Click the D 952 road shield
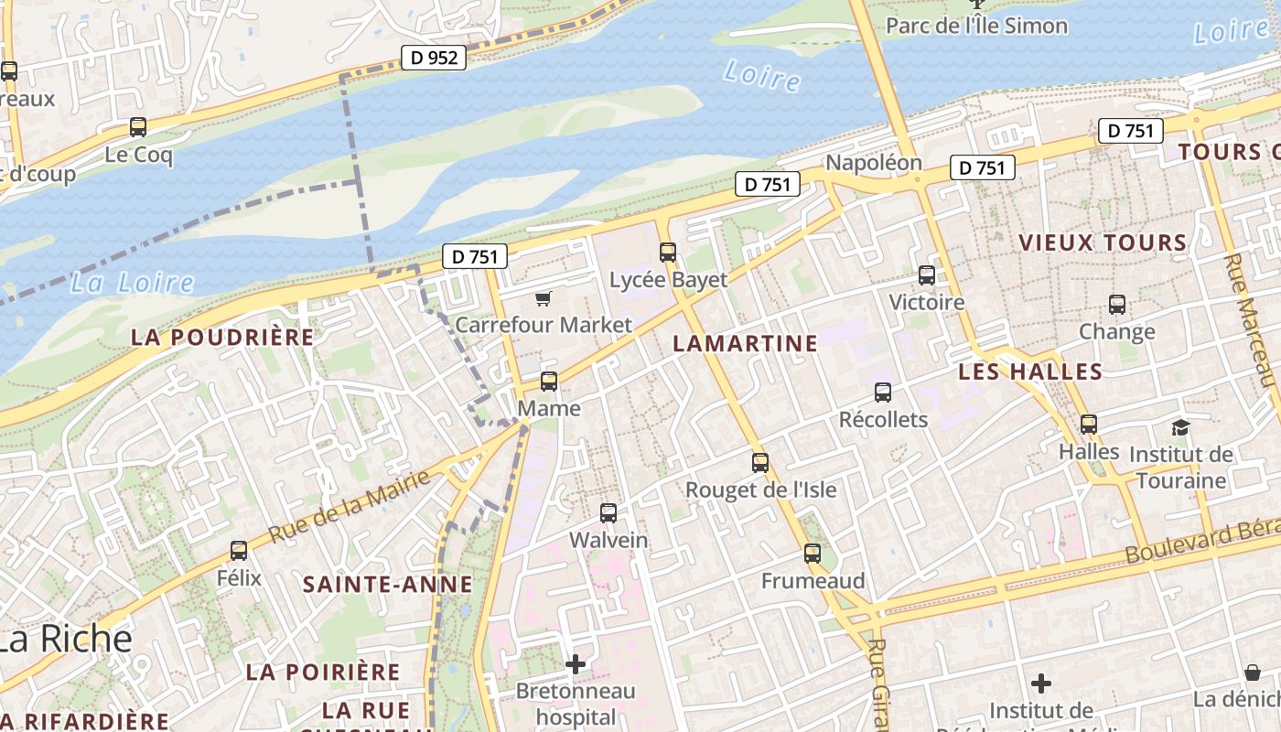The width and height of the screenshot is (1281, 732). [x=434, y=58]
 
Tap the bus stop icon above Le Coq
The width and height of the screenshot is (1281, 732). [x=138, y=127]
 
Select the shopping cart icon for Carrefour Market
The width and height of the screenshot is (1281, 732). [x=544, y=298]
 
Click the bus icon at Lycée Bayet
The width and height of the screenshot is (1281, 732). [x=668, y=252]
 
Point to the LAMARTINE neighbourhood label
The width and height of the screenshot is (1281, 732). [x=745, y=344]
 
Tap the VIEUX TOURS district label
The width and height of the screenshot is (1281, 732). [x=1103, y=242]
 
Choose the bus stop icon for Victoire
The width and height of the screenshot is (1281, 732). [x=927, y=274]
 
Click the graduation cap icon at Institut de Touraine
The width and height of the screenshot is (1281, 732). [x=1180, y=427]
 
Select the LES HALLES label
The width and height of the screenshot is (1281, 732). [x=1030, y=371]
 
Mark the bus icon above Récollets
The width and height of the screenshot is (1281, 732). [x=883, y=392]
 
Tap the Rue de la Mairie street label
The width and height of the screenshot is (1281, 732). [x=349, y=507]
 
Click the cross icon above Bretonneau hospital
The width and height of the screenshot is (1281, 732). [x=576, y=663]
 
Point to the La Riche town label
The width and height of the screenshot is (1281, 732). [x=66, y=639]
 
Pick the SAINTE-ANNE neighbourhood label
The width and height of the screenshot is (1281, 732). [x=388, y=584]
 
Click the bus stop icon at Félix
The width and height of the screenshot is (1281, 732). [x=239, y=550]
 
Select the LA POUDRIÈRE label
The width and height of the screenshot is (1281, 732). [x=222, y=337]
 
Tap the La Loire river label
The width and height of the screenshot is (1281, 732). [x=132, y=283]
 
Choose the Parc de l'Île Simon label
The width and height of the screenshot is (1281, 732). [x=976, y=26]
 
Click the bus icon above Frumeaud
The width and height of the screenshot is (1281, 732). [x=813, y=553]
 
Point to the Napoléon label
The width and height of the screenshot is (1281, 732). [x=874, y=163]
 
